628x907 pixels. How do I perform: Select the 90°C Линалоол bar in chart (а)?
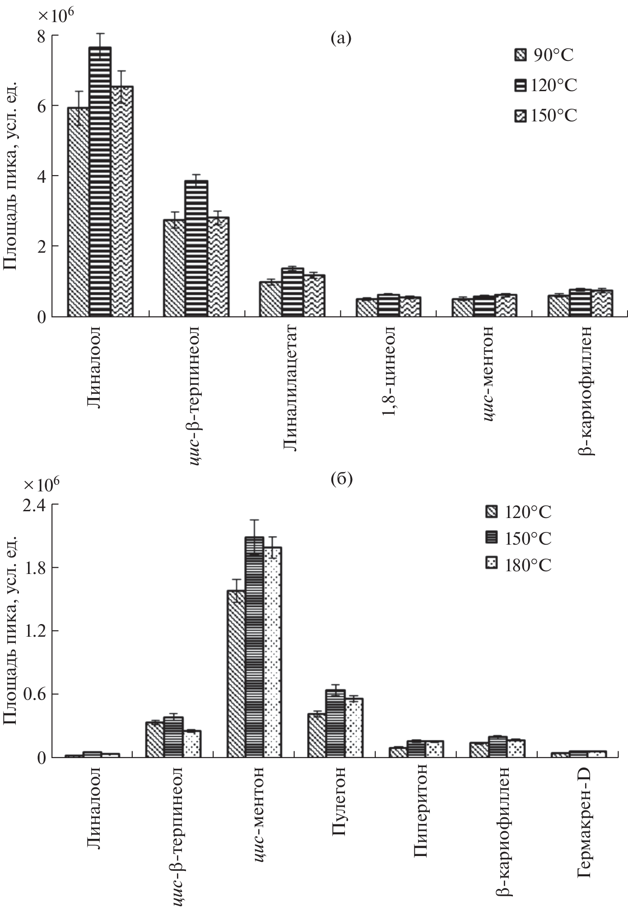point(78,212)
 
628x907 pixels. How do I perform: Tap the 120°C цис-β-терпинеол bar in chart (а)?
point(196,248)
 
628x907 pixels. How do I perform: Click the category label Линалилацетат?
point(291,388)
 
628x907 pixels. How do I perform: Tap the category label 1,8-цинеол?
point(388,371)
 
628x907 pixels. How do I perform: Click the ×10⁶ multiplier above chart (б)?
point(42,483)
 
